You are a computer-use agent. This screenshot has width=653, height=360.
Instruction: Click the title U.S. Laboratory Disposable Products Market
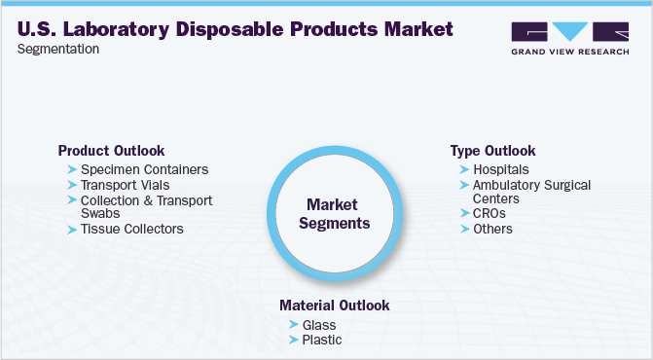coord(235,29)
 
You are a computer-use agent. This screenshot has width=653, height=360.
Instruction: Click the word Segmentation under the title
coord(57,50)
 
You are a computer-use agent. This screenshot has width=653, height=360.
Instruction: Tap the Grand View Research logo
coord(568,39)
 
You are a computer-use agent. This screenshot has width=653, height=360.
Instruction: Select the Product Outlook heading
coord(111,151)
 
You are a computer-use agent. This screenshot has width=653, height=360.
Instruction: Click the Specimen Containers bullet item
coord(144,169)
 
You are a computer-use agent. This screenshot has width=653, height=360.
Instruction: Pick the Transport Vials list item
coord(125,185)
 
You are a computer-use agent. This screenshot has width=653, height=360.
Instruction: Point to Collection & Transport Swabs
coord(146,206)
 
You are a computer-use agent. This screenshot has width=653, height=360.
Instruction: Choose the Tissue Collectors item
coord(131,229)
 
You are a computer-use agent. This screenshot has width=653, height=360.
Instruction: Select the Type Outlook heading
coord(492,151)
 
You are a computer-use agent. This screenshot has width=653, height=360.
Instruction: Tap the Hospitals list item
coord(500,169)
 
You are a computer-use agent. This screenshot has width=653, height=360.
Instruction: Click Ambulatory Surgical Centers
coord(531,191)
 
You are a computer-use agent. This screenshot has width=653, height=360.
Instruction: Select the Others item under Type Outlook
coord(492,229)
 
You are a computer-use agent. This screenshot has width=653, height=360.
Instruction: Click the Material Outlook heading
coord(334,306)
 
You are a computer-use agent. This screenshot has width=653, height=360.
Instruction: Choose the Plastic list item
coord(322,340)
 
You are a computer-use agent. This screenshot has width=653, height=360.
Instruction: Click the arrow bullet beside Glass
coord(293,324)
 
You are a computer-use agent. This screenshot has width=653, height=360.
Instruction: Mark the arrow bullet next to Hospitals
coord(463,169)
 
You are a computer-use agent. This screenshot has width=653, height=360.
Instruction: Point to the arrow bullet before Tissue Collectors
coord(71,229)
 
